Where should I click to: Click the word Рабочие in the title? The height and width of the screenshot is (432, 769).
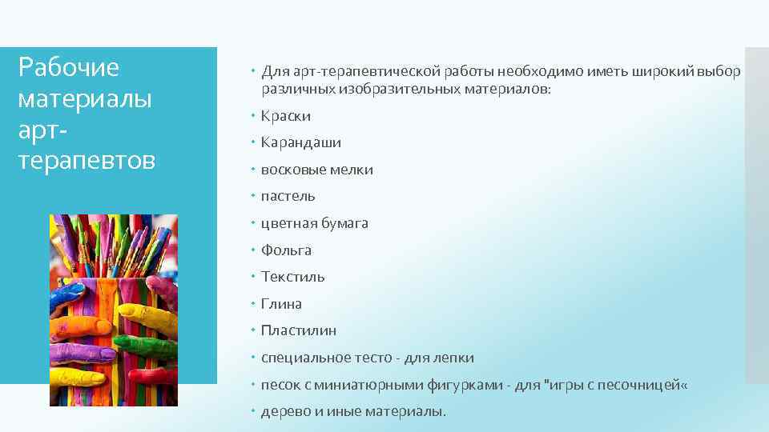pyautogui.click(x=68, y=67)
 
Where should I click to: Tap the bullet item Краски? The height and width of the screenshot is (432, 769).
pyautogui.click(x=285, y=116)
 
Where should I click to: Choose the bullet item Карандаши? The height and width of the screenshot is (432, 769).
pyautogui.click(x=300, y=142)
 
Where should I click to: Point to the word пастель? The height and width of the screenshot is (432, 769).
pyautogui.click(x=288, y=196)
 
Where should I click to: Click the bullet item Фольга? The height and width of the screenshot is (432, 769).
pyautogui.click(x=286, y=250)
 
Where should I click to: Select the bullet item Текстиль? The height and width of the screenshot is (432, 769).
pyautogui.click(x=292, y=277)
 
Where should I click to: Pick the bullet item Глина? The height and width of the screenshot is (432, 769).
pyautogui.click(x=281, y=304)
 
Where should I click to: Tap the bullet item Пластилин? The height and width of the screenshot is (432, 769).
pyautogui.click(x=298, y=330)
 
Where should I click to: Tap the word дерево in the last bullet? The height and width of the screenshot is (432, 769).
pyautogui.click(x=284, y=411)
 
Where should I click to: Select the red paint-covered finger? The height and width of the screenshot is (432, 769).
pyautogui.click(x=152, y=373)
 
